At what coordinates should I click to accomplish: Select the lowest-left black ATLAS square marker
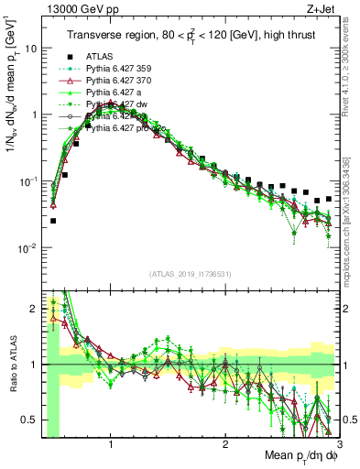coord(53,221)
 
